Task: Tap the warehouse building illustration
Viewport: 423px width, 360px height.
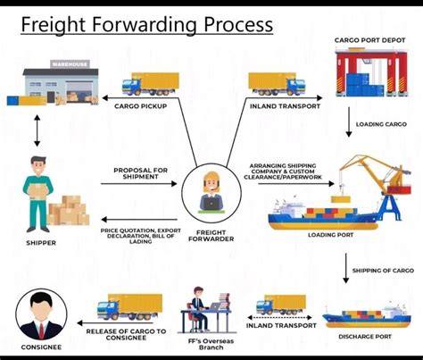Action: [54, 83]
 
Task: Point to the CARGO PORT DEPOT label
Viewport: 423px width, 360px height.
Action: [370, 40]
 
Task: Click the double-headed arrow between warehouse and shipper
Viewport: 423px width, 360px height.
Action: [36, 130]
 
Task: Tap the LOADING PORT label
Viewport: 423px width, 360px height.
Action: [336, 236]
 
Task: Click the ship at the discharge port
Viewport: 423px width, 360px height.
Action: [361, 314]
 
